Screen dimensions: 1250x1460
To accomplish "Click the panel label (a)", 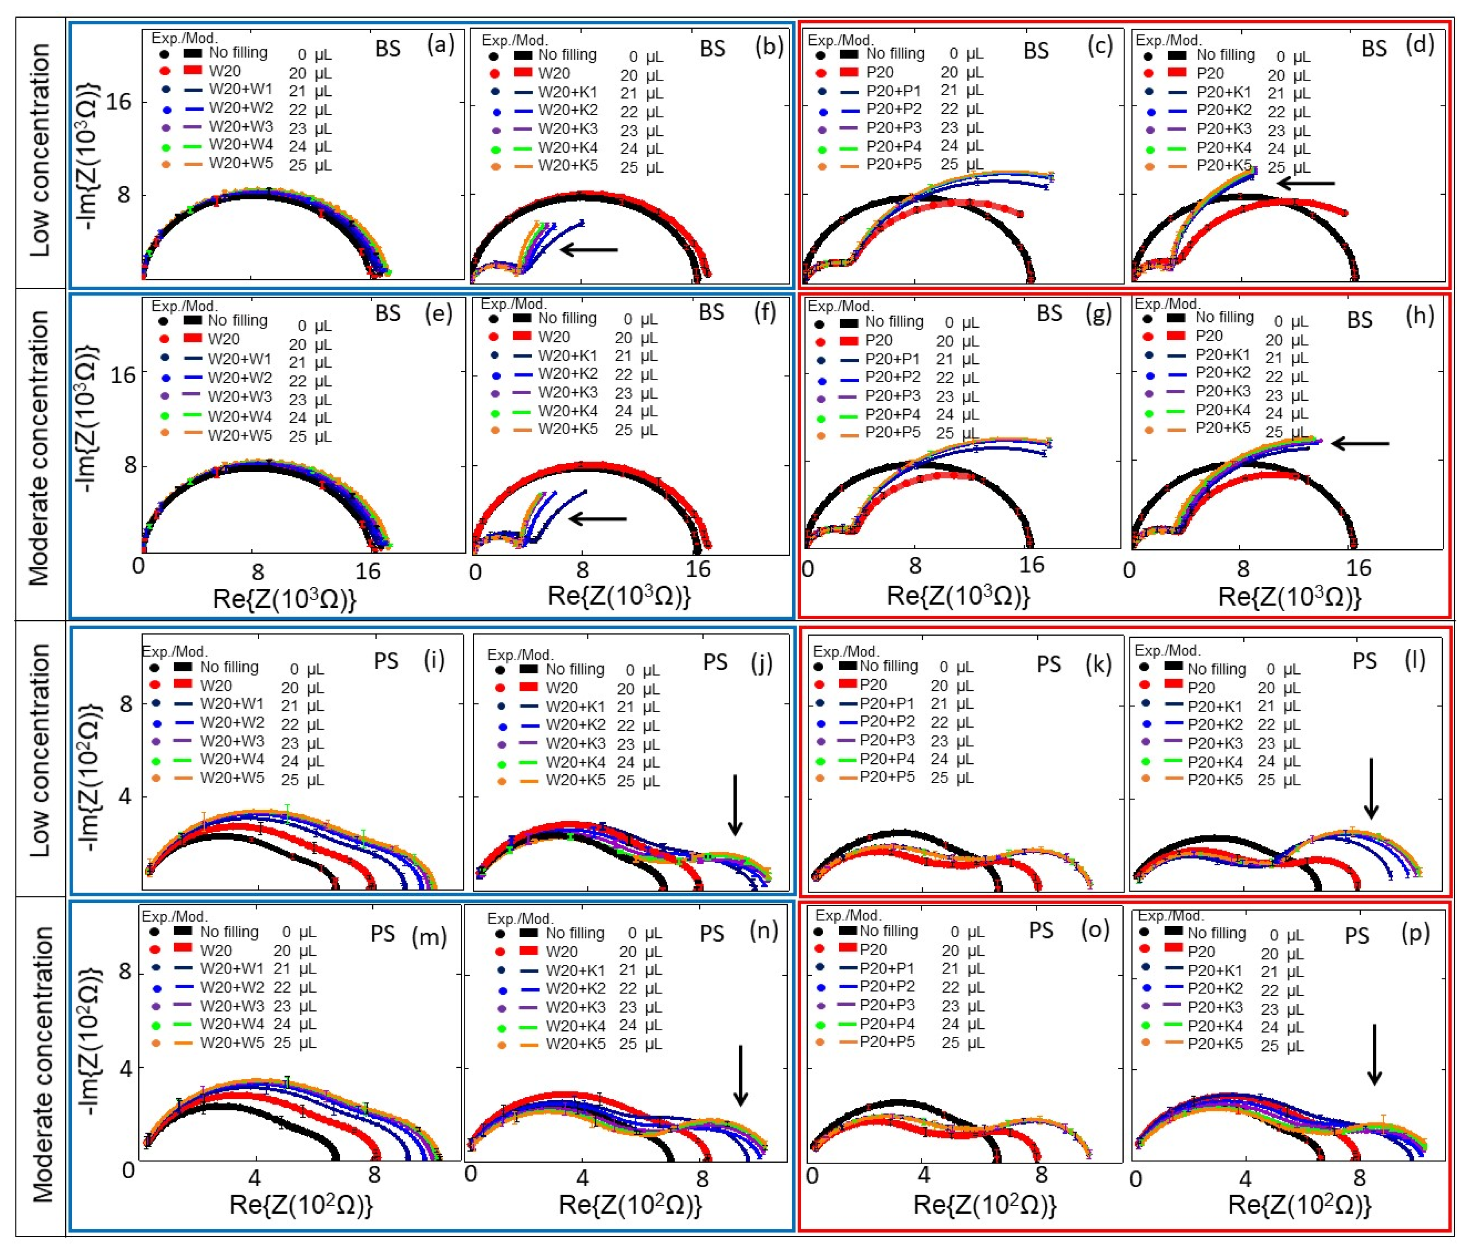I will [440, 46].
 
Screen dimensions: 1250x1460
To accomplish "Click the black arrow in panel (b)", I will [588, 249].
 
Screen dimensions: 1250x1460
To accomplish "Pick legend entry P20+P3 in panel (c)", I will [893, 128].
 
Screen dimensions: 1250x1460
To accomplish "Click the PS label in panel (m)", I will [383, 934].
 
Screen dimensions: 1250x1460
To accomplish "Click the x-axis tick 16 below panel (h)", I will [1358, 567].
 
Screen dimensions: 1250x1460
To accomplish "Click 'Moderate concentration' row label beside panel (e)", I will [40, 449].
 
